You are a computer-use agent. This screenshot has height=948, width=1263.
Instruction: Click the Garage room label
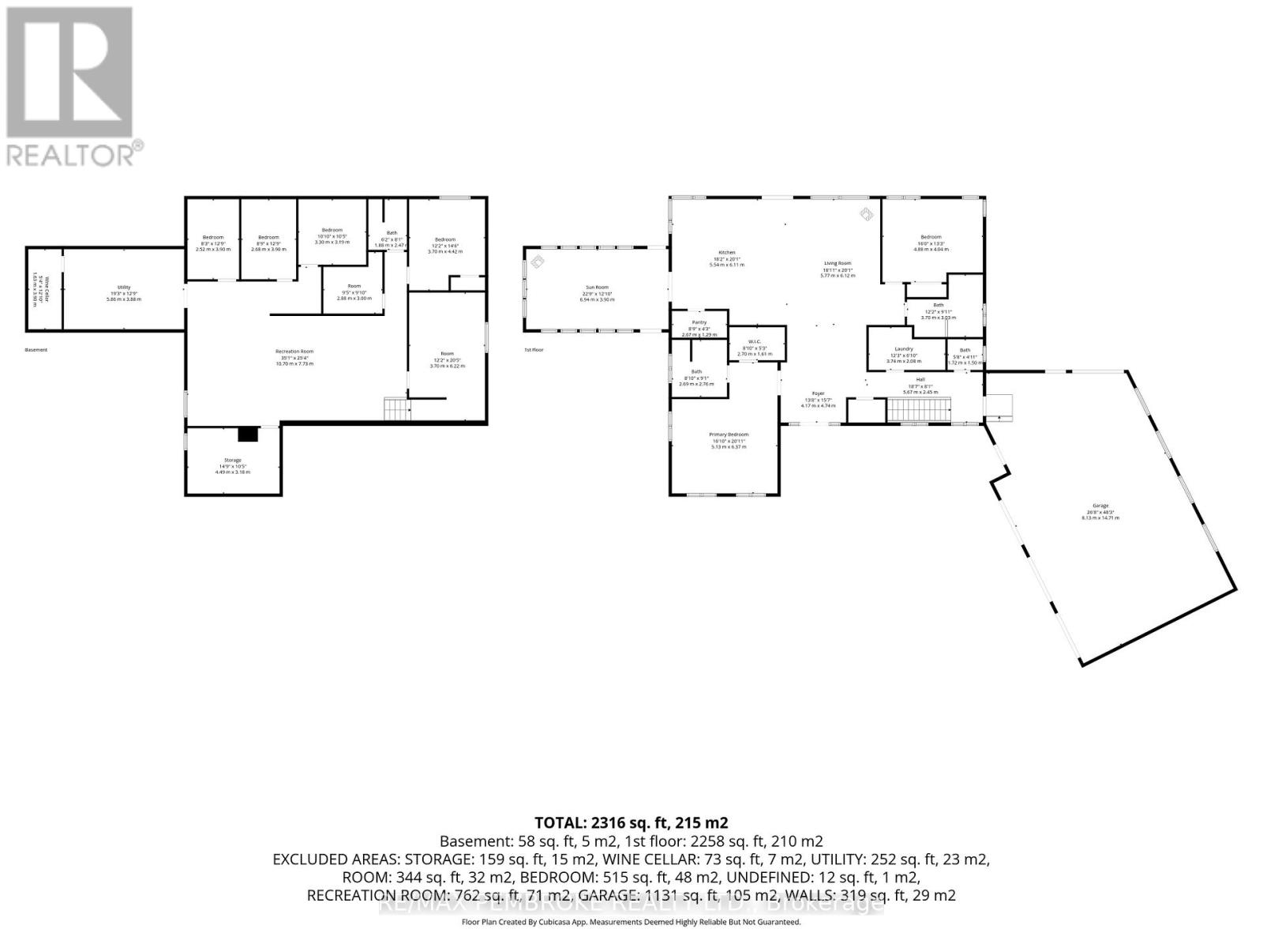coord(1100,506)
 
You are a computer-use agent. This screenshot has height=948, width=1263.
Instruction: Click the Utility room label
coord(124,288)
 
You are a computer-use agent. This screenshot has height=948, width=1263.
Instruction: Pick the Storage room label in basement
coord(232,460)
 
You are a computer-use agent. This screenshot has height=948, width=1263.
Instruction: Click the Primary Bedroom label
coord(728,434)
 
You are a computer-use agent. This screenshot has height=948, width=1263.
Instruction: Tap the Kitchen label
coord(726,253)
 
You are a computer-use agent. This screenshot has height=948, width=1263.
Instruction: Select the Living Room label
coord(838,263)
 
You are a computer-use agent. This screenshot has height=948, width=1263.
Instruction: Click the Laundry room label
coord(904,349)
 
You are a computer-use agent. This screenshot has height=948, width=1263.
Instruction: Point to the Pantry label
coord(699,322)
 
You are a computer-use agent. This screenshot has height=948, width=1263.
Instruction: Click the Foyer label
coord(818,393)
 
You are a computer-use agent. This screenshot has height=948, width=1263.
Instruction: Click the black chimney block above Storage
coord(248,434)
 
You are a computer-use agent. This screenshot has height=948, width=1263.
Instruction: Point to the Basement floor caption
coord(36,350)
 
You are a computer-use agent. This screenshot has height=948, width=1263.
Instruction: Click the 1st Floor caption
coord(534,350)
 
